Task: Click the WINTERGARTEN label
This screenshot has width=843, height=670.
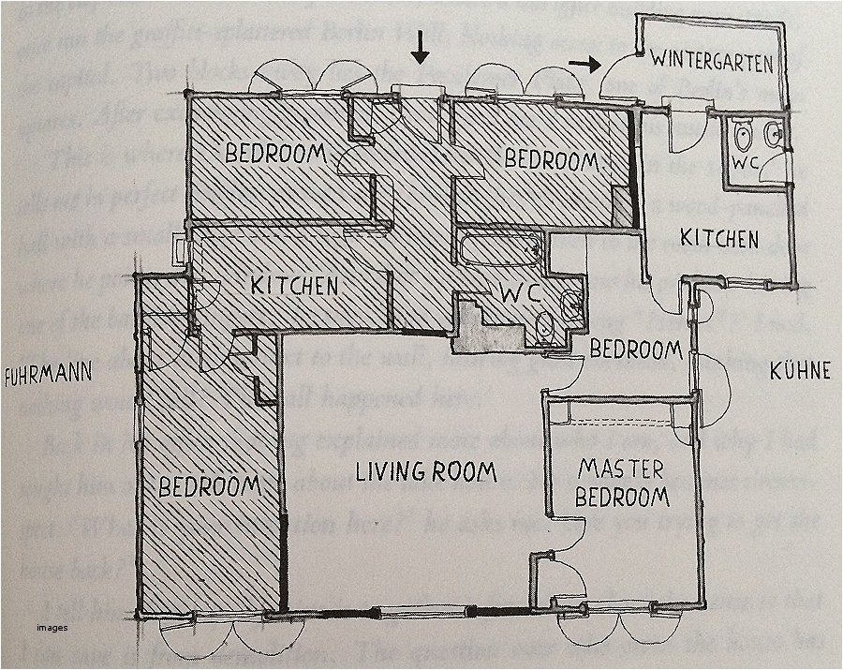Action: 713,63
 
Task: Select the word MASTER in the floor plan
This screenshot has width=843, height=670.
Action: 621,467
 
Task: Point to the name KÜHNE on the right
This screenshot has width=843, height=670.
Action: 800,371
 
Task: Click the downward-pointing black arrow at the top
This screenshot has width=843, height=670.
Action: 421,47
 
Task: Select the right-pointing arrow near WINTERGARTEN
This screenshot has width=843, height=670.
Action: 584,64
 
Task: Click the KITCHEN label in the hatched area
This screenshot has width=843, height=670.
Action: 293,284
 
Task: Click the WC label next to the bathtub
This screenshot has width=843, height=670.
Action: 522,291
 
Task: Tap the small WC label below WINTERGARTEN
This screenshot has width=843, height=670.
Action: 744,162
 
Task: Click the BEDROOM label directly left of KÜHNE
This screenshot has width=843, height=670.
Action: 635,350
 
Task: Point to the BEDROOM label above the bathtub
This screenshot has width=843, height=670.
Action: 551,159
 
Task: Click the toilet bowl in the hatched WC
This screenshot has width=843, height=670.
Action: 547,325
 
